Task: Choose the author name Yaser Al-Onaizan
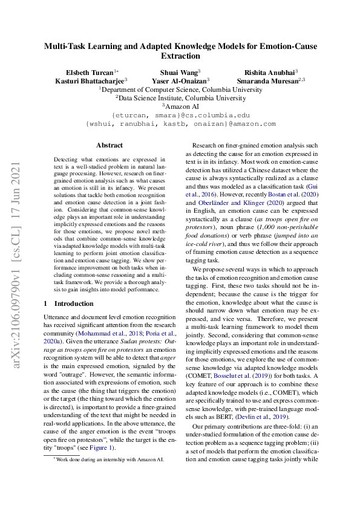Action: pos(181,80)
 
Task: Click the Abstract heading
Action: pos(110,145)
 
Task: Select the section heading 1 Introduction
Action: pos(68,303)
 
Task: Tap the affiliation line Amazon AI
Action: pos(181,105)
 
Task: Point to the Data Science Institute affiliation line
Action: pos(180,97)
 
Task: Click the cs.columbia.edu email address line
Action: pos(180,114)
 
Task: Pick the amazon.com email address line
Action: pos(180,123)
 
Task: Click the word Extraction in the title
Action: pos(180,56)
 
